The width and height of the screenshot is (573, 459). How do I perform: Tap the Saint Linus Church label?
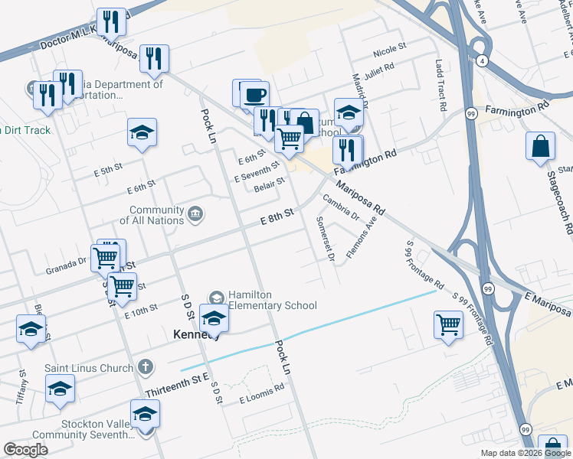[x=89, y=368]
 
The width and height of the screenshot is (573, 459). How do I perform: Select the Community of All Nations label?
[x=156, y=215]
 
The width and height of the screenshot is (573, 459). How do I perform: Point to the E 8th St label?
[x=277, y=217]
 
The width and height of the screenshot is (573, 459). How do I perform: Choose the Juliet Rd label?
[x=378, y=70]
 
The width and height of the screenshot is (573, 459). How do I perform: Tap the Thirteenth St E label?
[x=176, y=389]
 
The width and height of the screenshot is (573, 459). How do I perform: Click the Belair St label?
[x=270, y=184]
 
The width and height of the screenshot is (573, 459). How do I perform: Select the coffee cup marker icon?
[x=254, y=96]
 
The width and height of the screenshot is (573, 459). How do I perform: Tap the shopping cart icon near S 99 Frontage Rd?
[x=448, y=324]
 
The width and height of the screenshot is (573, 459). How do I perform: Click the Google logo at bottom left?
[x=25, y=449]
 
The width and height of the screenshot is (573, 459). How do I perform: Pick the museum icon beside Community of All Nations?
[x=195, y=212]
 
